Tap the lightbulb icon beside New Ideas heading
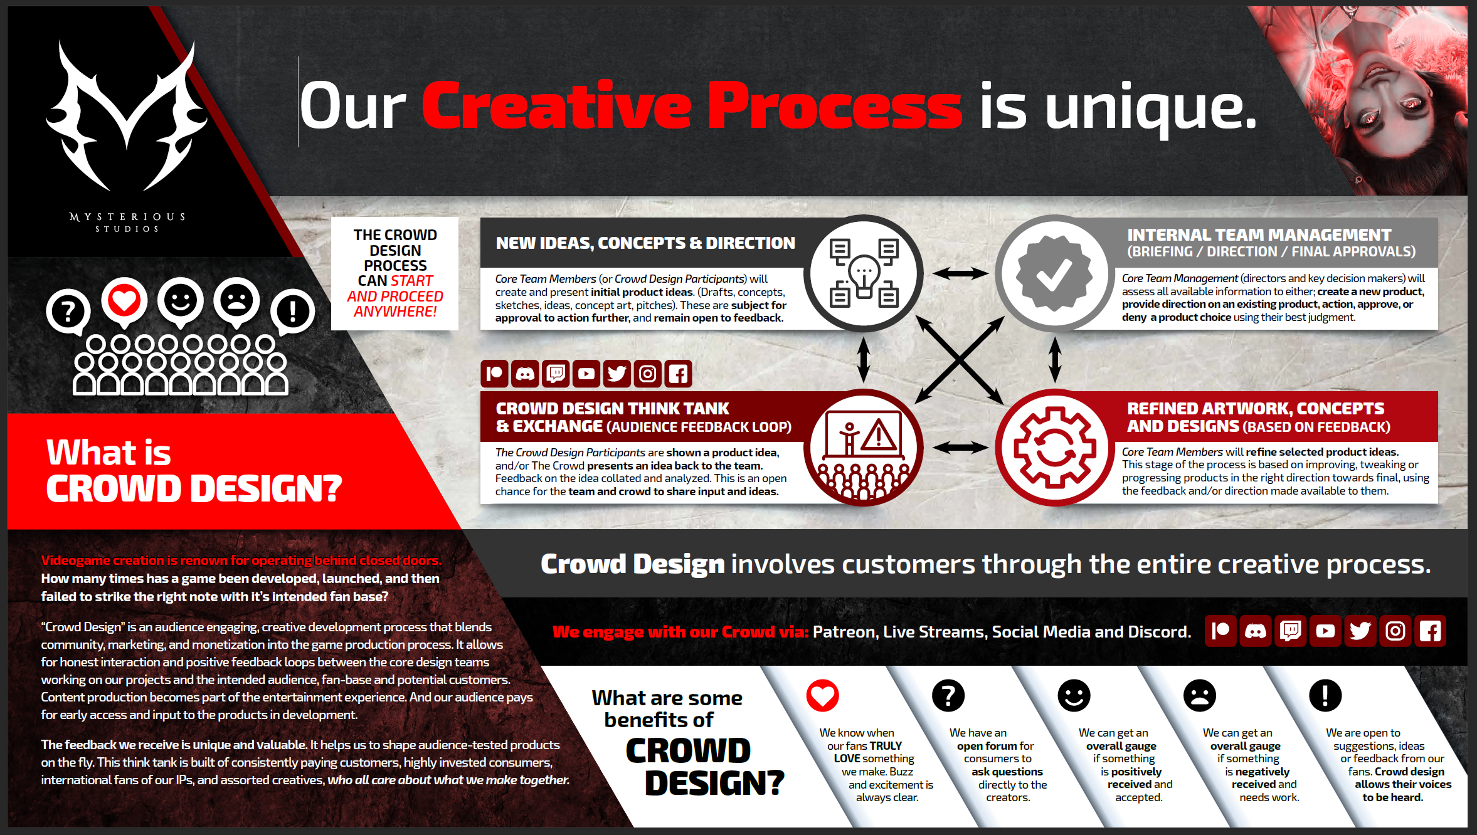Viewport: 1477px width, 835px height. point(864,273)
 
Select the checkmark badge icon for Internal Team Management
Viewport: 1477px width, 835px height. point(1054,273)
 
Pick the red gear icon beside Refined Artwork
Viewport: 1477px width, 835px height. point(1055,448)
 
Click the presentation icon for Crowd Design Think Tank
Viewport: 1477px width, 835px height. point(864,448)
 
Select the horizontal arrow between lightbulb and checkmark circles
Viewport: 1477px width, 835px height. point(960,273)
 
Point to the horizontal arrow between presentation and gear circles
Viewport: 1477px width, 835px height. point(960,448)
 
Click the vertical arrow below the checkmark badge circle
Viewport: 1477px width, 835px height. point(1055,360)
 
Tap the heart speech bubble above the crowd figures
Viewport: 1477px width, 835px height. point(124,302)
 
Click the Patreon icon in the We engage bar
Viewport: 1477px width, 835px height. point(1220,631)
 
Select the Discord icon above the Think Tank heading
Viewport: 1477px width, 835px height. point(525,374)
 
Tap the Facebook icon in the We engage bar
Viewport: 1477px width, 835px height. point(1430,631)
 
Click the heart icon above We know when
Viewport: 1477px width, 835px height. point(822,695)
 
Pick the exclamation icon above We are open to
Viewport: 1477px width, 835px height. point(1325,695)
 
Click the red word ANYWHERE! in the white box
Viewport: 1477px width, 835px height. point(395,312)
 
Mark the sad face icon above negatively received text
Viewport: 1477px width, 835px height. point(1199,695)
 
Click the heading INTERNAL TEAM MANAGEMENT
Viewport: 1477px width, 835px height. point(1259,235)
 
